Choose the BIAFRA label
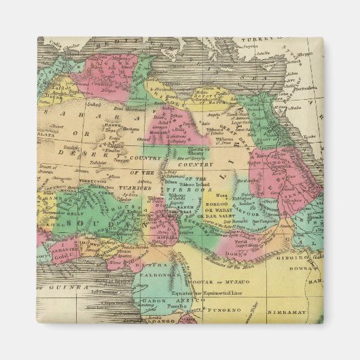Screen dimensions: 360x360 [x=153, y=264]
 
